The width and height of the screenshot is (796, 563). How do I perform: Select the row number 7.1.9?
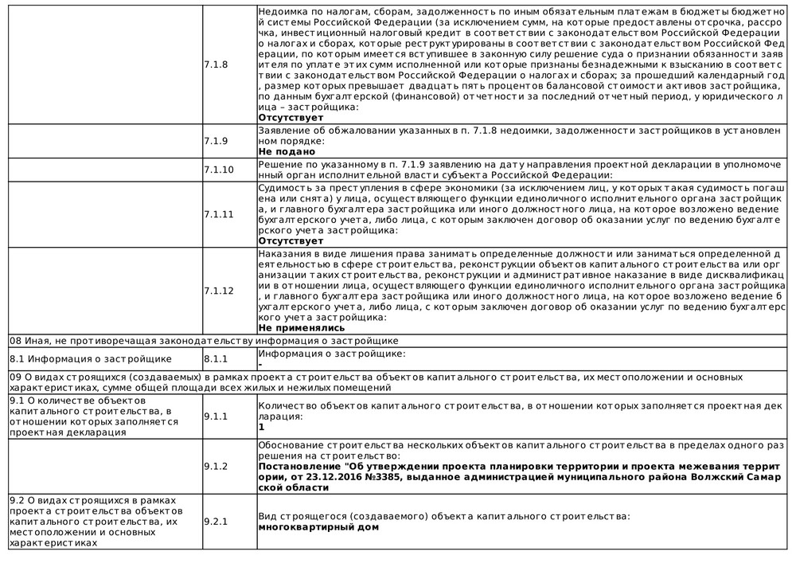click(215, 141)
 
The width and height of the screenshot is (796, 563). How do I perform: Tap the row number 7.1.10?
click(218, 170)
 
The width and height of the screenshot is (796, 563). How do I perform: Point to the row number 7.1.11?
click(218, 214)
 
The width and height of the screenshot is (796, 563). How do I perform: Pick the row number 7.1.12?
click(218, 291)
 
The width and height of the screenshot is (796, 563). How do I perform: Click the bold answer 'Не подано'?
click(287, 151)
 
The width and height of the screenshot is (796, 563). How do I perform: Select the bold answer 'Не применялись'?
click(302, 327)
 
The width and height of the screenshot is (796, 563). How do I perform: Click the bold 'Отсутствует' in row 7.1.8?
click(291, 118)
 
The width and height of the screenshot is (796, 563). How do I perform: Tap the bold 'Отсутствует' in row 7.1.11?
click(291, 240)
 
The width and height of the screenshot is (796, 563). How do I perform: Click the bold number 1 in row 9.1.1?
click(262, 427)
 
